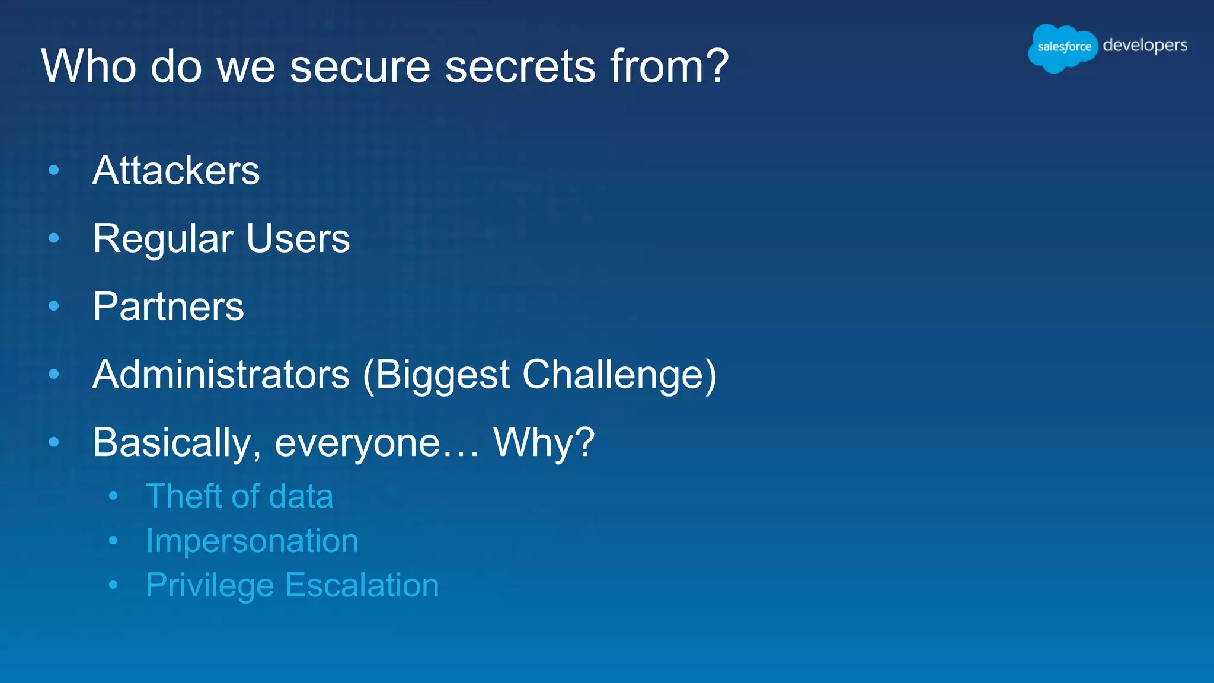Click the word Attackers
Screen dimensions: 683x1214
click(176, 171)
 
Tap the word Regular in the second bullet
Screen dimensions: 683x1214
click(163, 240)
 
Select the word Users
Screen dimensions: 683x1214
click(298, 238)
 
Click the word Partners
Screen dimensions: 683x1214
click(168, 307)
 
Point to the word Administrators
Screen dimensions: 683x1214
click(221, 375)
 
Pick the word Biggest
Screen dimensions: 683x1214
click(442, 376)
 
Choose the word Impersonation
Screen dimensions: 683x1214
click(252, 541)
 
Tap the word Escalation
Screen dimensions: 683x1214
click(362, 585)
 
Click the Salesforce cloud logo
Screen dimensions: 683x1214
click(1063, 47)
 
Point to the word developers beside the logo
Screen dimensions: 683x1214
click(1145, 46)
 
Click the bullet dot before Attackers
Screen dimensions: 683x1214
click(54, 171)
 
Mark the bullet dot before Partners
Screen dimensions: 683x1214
click(54, 307)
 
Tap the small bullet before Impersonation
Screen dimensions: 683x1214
click(113, 541)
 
